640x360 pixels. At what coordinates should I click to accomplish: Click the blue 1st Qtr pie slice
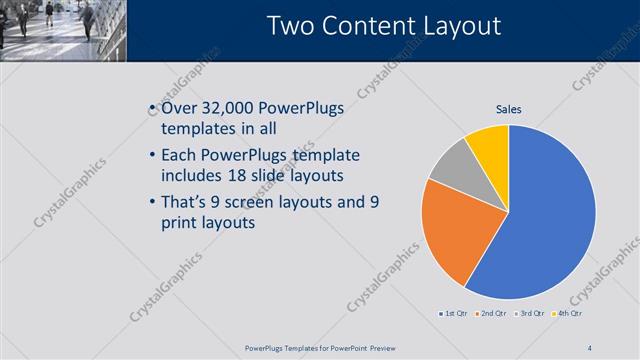point(545,215)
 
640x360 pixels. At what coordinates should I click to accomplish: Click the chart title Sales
point(508,109)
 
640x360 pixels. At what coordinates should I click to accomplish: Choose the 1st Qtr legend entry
point(455,314)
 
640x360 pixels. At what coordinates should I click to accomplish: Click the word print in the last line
point(181,222)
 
